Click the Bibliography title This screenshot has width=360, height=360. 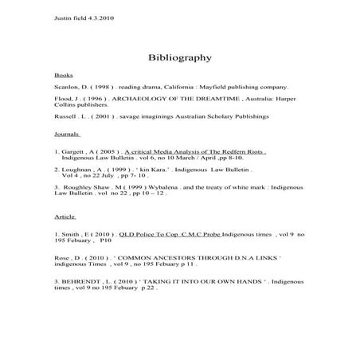coord(179,57)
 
